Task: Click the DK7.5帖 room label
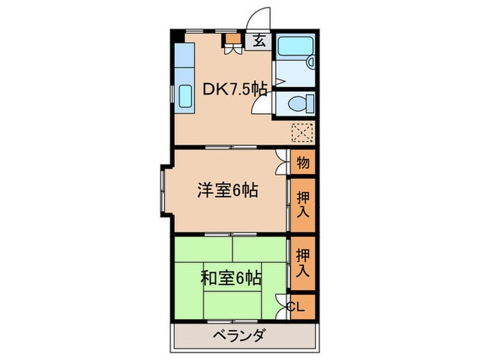tap(233, 89)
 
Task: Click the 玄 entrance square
tap(259, 40)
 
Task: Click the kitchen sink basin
tap(185, 96)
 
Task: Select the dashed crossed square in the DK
tap(302, 132)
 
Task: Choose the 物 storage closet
tap(302, 163)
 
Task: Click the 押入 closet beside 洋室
tap(302, 204)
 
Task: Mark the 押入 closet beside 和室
tap(302, 263)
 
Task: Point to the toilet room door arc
tap(261, 104)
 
